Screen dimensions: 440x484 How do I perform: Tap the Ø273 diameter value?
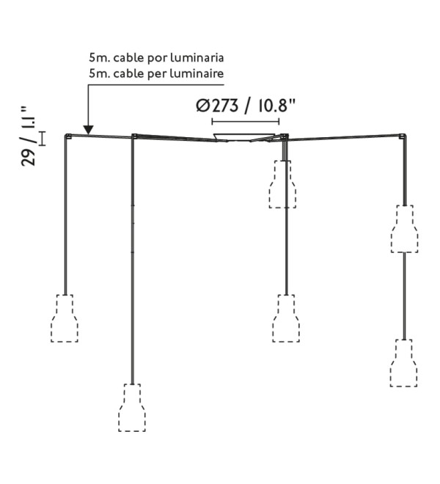click(217, 106)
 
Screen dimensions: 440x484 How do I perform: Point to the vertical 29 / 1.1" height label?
click(28, 136)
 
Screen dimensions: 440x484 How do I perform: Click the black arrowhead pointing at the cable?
click(88, 130)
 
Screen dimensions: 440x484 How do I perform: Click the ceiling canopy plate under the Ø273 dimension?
click(244, 137)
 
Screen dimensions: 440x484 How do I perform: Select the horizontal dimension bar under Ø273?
click(246, 121)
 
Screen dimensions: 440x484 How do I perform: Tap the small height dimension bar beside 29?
click(42, 139)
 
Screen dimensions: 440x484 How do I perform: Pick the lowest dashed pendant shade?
click(132, 408)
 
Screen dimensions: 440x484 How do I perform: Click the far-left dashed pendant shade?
click(65, 318)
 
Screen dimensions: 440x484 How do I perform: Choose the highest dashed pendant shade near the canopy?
click(282, 184)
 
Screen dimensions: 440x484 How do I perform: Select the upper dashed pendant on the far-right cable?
click(405, 229)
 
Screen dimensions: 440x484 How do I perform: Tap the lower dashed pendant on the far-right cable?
click(404, 363)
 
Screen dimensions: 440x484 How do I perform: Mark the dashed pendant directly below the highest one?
click(286, 318)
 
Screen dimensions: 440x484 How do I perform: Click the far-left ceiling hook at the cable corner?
click(68, 136)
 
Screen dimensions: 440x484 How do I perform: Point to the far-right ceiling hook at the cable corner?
click(403, 136)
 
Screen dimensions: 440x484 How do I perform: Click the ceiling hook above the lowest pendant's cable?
click(134, 136)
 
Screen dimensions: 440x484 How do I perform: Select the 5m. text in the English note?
click(100, 74)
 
